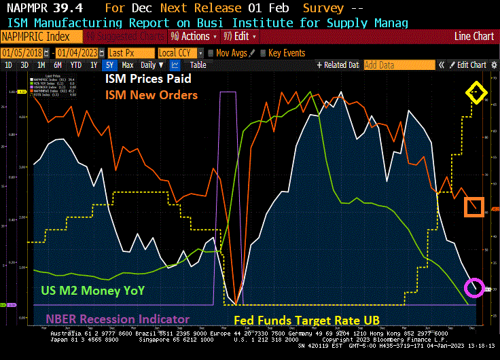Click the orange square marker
[x=474, y=206]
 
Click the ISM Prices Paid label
[x=147, y=79]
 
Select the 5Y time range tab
[x=109, y=65]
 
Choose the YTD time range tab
[x=75, y=65]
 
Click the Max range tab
[x=127, y=65]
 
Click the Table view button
[x=198, y=65]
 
